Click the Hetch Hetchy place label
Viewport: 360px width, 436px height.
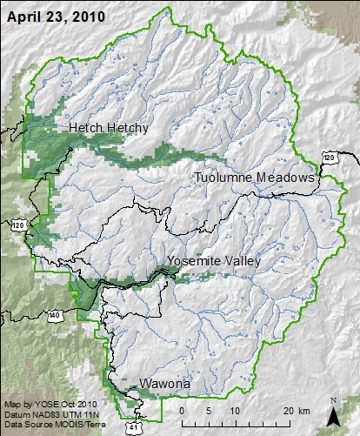(x=109, y=128)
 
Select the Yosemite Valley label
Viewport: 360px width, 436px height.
(x=217, y=261)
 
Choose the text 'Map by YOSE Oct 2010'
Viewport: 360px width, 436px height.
(x=41, y=406)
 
